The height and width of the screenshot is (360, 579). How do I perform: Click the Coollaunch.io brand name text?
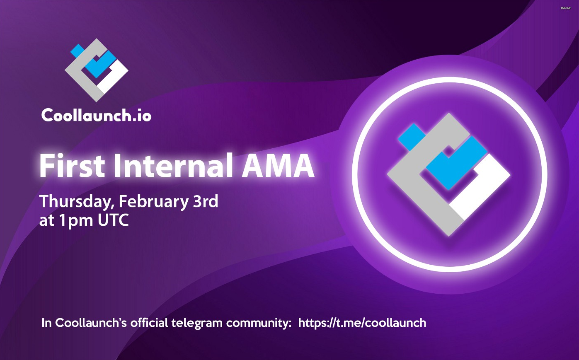click(96, 115)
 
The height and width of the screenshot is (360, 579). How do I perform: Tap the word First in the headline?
click(72, 166)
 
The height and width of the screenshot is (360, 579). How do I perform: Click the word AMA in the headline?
click(278, 166)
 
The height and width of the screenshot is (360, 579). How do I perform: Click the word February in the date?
click(153, 202)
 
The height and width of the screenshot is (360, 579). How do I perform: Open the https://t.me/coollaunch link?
click(362, 323)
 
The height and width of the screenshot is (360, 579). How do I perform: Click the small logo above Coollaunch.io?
click(97, 70)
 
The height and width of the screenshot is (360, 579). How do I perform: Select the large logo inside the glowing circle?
click(449, 174)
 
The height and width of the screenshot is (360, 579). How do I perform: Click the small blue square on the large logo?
click(412, 137)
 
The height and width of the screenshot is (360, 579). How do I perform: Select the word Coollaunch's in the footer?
click(91, 323)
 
